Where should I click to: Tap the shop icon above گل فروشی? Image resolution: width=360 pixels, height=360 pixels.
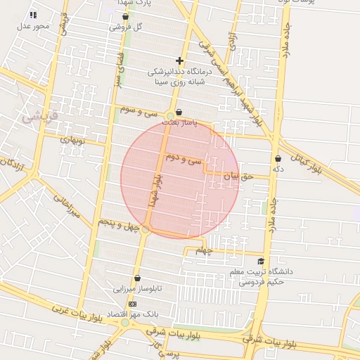[125, 15]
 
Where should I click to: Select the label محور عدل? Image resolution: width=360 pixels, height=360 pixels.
[34, 26]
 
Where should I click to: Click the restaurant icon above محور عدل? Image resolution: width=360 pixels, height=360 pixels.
[34, 15]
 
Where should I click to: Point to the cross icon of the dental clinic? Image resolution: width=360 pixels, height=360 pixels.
[180, 61]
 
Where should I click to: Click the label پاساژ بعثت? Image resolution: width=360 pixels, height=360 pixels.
[179, 122]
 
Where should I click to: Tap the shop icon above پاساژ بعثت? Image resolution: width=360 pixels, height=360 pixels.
[179, 112]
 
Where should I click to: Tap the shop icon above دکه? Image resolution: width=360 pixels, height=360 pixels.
[278, 159]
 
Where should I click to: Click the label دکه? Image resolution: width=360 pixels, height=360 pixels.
[278, 169]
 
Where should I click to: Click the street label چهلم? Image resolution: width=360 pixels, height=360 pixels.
[204, 251]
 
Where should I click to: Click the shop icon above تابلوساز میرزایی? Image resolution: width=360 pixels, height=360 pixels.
[137, 278]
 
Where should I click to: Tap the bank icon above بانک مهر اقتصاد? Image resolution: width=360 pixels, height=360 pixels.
[133, 303]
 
